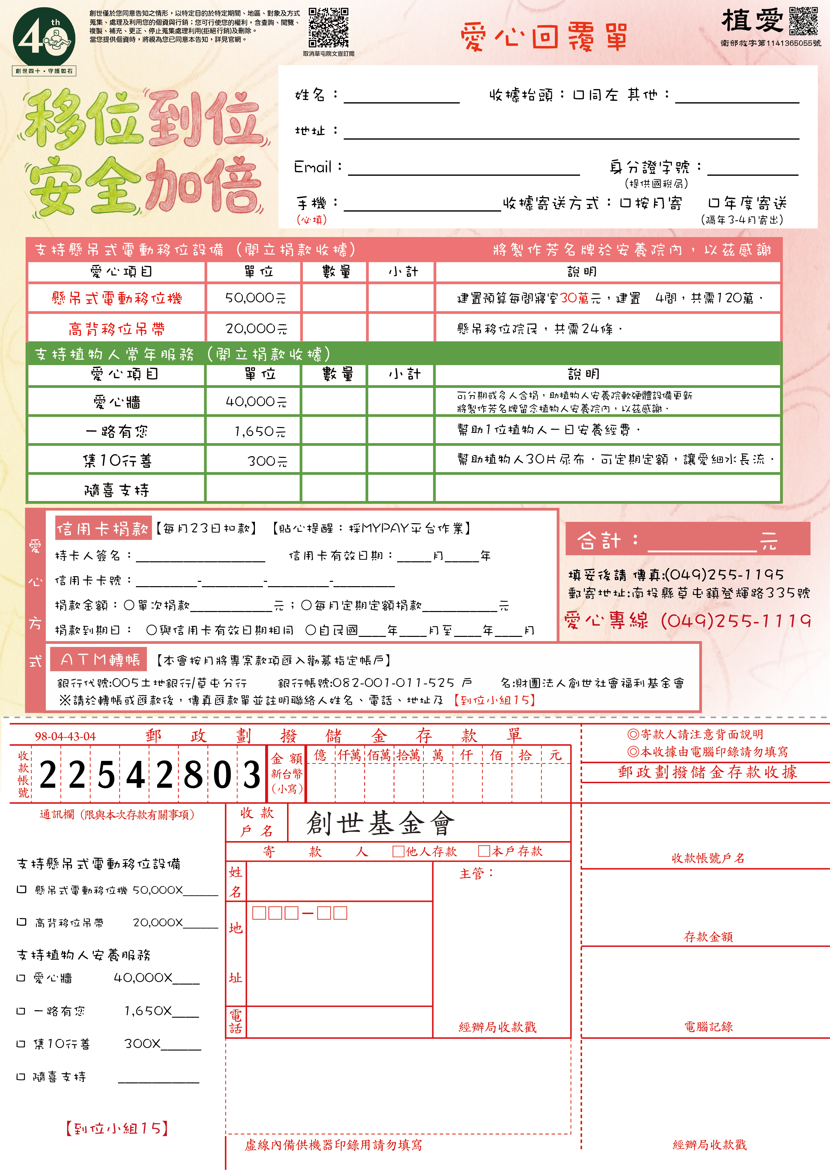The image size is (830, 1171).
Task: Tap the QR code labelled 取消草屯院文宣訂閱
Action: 328,27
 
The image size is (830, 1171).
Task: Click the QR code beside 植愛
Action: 803,21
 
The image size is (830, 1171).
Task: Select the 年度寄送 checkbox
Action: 713,203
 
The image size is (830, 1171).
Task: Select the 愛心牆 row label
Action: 117,402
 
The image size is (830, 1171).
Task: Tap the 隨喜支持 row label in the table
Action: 117,490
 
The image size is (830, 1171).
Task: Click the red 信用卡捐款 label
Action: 103,528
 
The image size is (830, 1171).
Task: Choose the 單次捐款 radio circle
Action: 129,605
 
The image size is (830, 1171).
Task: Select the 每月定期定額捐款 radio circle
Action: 306,605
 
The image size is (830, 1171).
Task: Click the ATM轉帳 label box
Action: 99,659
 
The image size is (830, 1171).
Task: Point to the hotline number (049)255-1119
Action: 736,621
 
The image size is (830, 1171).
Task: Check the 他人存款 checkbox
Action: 398,851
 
